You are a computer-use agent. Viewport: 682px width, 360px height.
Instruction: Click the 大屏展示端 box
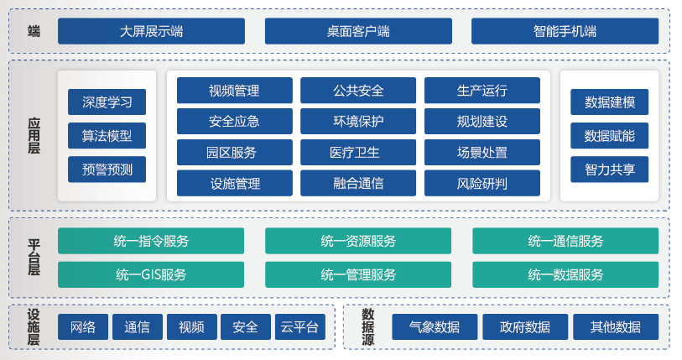click(151, 31)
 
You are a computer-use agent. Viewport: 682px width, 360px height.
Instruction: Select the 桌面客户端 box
click(358, 31)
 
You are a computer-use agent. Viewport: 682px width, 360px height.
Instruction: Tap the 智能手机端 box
click(565, 31)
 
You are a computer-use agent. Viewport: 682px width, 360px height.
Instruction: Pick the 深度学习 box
click(107, 102)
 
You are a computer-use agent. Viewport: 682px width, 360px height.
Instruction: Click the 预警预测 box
click(107, 170)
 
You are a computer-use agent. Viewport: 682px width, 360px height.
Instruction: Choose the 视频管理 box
click(234, 90)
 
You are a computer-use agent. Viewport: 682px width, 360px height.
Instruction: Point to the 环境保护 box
click(358, 121)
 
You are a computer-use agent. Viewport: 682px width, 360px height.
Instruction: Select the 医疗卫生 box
click(358, 153)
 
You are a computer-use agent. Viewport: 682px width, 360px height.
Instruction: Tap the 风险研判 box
click(482, 183)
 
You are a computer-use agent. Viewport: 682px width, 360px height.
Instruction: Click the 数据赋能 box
click(609, 136)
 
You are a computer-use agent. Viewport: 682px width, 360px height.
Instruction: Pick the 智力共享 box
click(609, 170)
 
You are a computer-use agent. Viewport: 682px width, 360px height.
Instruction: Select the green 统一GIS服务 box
click(151, 274)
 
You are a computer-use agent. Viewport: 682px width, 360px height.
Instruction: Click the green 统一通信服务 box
click(565, 241)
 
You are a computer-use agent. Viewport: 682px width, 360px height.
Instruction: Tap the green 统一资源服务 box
click(358, 241)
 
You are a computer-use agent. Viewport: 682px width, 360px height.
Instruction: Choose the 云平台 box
click(300, 327)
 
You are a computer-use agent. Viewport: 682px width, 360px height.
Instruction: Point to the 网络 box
click(83, 327)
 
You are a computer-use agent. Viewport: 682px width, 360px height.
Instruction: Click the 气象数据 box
click(435, 327)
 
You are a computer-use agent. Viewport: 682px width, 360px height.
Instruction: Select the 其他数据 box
click(616, 327)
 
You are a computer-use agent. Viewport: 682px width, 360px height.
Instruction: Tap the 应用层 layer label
click(34, 135)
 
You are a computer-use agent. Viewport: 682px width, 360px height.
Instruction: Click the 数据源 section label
click(368, 327)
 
